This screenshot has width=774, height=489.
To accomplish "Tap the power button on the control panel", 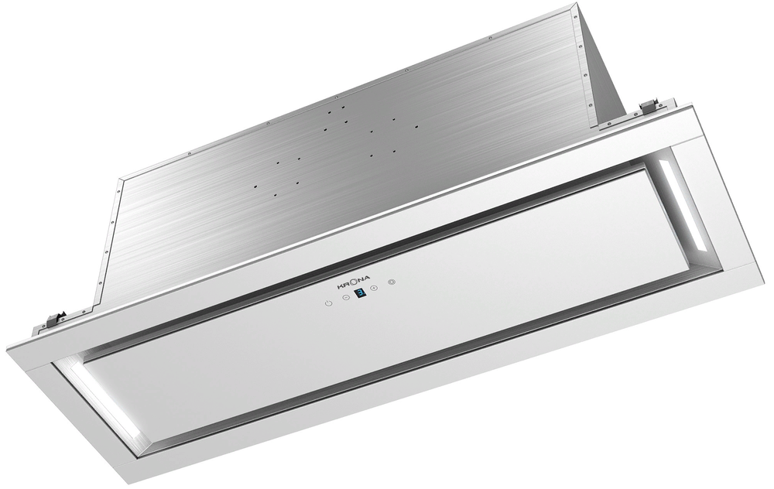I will tap(329, 303).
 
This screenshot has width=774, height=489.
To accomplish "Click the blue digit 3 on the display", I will tap(360, 293).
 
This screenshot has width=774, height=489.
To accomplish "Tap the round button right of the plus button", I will tap(392, 283).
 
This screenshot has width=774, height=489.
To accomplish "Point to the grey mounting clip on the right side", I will tap(652, 104).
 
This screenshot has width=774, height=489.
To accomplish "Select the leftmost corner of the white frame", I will tap(7, 347).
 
